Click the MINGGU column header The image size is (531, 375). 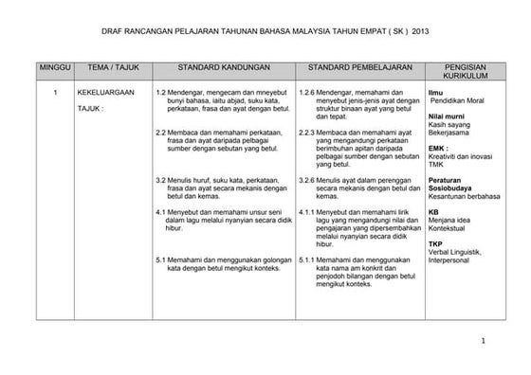point(55,69)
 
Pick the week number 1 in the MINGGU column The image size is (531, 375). point(56,92)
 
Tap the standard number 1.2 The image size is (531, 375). point(160,92)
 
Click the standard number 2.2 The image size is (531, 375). point(160,133)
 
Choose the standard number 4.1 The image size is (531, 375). point(160,211)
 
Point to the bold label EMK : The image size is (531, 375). point(438,147)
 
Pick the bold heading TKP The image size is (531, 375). point(435,242)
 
